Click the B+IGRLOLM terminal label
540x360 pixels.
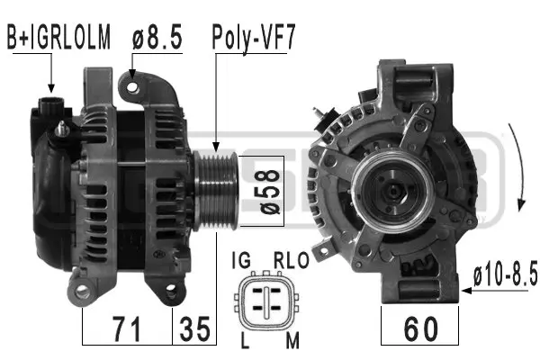pyautogui.click(x=59, y=38)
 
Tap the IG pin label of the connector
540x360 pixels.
pyautogui.click(x=241, y=260)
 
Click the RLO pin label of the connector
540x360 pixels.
pyautogui.click(x=290, y=260)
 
